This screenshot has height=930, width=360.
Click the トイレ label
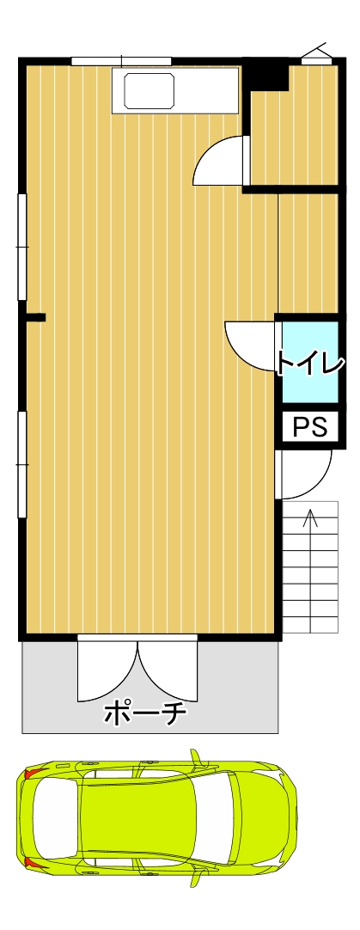pos(310,364)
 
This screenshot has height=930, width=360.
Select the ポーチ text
pos(145,713)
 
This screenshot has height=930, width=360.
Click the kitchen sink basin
pos(149,91)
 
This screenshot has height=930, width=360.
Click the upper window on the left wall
pos(22,247)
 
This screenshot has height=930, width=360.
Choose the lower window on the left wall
pos(22,464)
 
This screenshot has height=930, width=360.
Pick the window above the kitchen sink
pos(122,60)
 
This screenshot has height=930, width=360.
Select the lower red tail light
pos(35,864)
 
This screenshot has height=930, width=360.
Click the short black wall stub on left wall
pos(35,317)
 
